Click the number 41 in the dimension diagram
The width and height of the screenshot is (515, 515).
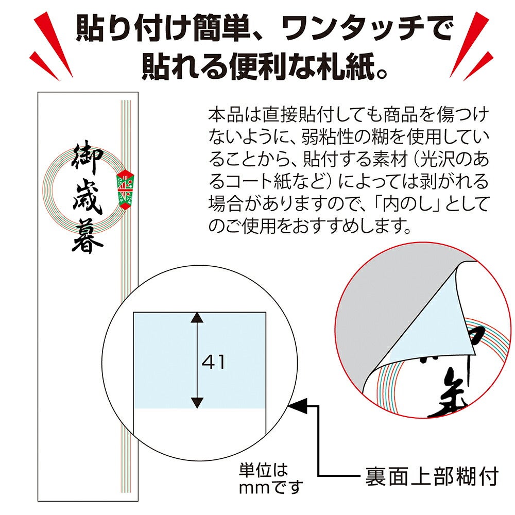pos(214,362)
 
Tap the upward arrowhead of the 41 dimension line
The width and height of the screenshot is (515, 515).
pos(197,318)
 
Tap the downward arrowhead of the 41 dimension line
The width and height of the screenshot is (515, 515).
pos(197,403)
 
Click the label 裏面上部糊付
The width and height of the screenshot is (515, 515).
pos(432,476)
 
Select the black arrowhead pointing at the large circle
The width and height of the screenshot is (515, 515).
pos(298,406)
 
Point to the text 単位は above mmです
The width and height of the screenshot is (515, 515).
pos(263,470)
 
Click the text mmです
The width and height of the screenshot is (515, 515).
pos(271,487)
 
